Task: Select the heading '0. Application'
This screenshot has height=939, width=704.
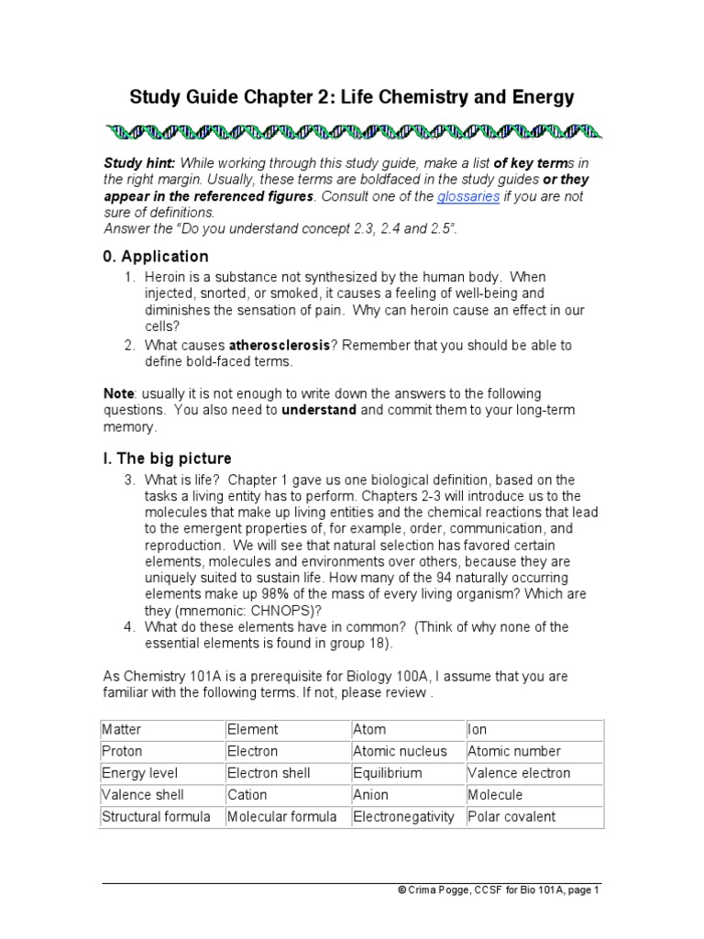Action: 156,257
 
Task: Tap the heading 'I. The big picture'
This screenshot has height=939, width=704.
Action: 167,458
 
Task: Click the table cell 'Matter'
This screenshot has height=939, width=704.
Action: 122,730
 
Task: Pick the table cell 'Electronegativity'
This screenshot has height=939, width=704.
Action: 403,816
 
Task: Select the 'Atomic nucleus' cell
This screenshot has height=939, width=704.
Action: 400,751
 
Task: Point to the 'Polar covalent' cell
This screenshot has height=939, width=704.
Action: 511,816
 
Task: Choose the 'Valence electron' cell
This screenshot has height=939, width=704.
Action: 519,773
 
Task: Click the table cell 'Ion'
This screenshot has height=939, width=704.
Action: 478,730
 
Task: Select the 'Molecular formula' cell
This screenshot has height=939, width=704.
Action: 282,816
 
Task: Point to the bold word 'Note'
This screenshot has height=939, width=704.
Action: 118,393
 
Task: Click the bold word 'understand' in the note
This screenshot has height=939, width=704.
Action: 318,410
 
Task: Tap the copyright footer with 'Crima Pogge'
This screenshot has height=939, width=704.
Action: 498,889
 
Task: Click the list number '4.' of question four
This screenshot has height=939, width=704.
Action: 129,627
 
